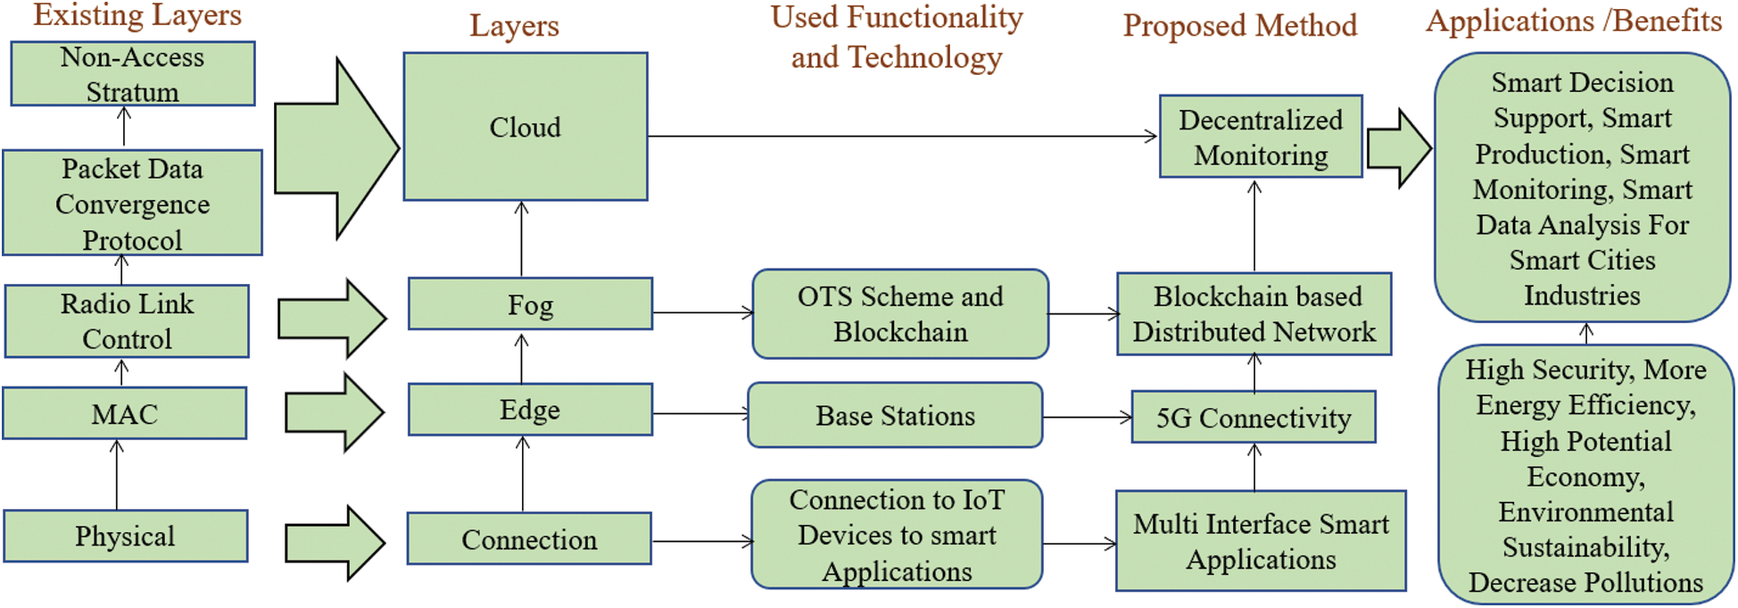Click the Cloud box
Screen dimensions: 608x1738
pos(526,127)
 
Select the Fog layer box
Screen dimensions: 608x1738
pos(530,304)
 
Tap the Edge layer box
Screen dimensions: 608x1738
pos(530,410)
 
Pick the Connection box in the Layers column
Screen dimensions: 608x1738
pos(529,539)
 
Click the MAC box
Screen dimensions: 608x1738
pos(125,413)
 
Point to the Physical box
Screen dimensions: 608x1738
pos(125,536)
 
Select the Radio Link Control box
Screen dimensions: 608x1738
pos(127,321)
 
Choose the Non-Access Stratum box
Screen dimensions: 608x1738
pos(132,74)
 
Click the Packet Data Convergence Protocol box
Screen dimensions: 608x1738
pos(132,204)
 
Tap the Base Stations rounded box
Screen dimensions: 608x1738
pos(895,415)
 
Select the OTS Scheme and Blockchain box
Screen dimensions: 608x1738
pos(900,314)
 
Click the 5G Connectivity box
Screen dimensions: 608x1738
pos(1253,417)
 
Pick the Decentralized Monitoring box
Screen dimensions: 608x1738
pos(1261,137)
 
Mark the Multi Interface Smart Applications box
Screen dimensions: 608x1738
pos(1261,541)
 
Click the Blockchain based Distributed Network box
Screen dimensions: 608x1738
pos(1254,314)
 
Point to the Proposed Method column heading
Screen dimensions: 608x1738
pos(1240,25)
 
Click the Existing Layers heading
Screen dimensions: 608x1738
pos(137,14)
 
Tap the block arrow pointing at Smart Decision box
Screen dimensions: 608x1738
pos(1398,148)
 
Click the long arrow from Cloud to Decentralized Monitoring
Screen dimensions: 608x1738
pos(901,137)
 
